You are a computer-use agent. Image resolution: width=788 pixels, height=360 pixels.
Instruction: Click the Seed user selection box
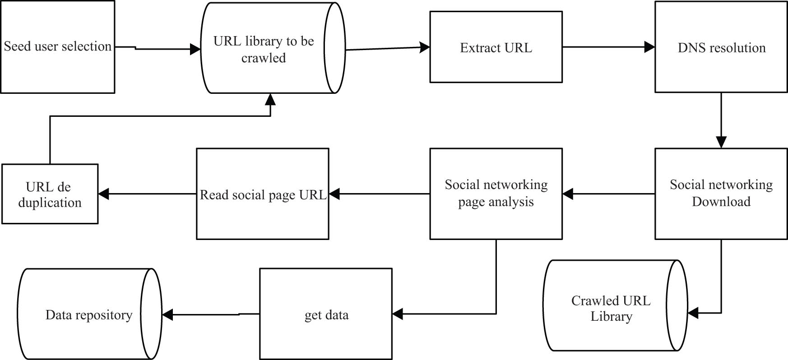coord(57,47)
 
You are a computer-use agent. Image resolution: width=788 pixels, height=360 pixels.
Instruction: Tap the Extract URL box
coord(496,47)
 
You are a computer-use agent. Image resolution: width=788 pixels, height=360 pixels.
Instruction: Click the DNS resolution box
coord(721,47)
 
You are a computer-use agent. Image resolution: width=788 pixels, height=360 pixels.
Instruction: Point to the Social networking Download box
coord(721,194)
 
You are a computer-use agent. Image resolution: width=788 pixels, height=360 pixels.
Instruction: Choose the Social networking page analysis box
coord(496,194)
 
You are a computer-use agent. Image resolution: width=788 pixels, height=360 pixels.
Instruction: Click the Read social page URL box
coord(262,194)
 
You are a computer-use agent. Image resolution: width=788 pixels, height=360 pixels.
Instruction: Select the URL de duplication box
coord(50,194)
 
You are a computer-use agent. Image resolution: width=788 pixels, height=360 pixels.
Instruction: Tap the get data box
coord(326,314)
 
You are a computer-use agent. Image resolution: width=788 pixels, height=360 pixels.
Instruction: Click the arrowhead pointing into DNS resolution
coord(649,46)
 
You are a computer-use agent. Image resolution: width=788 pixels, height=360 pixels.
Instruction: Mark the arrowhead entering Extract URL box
coord(425,47)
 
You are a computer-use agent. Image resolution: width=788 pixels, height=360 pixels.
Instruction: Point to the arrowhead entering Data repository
coord(167,314)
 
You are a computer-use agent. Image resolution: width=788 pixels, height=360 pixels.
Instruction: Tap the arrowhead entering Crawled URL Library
coord(693,312)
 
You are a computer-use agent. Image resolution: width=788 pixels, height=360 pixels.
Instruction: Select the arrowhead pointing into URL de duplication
coord(104,194)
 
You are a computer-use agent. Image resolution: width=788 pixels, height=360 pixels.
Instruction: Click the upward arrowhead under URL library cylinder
coord(270,99)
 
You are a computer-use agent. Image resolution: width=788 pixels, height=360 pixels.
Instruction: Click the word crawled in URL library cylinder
coord(264,58)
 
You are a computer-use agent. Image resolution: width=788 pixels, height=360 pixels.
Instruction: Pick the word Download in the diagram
coord(721,202)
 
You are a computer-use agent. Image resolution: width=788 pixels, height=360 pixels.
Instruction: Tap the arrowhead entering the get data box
coord(398,314)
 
